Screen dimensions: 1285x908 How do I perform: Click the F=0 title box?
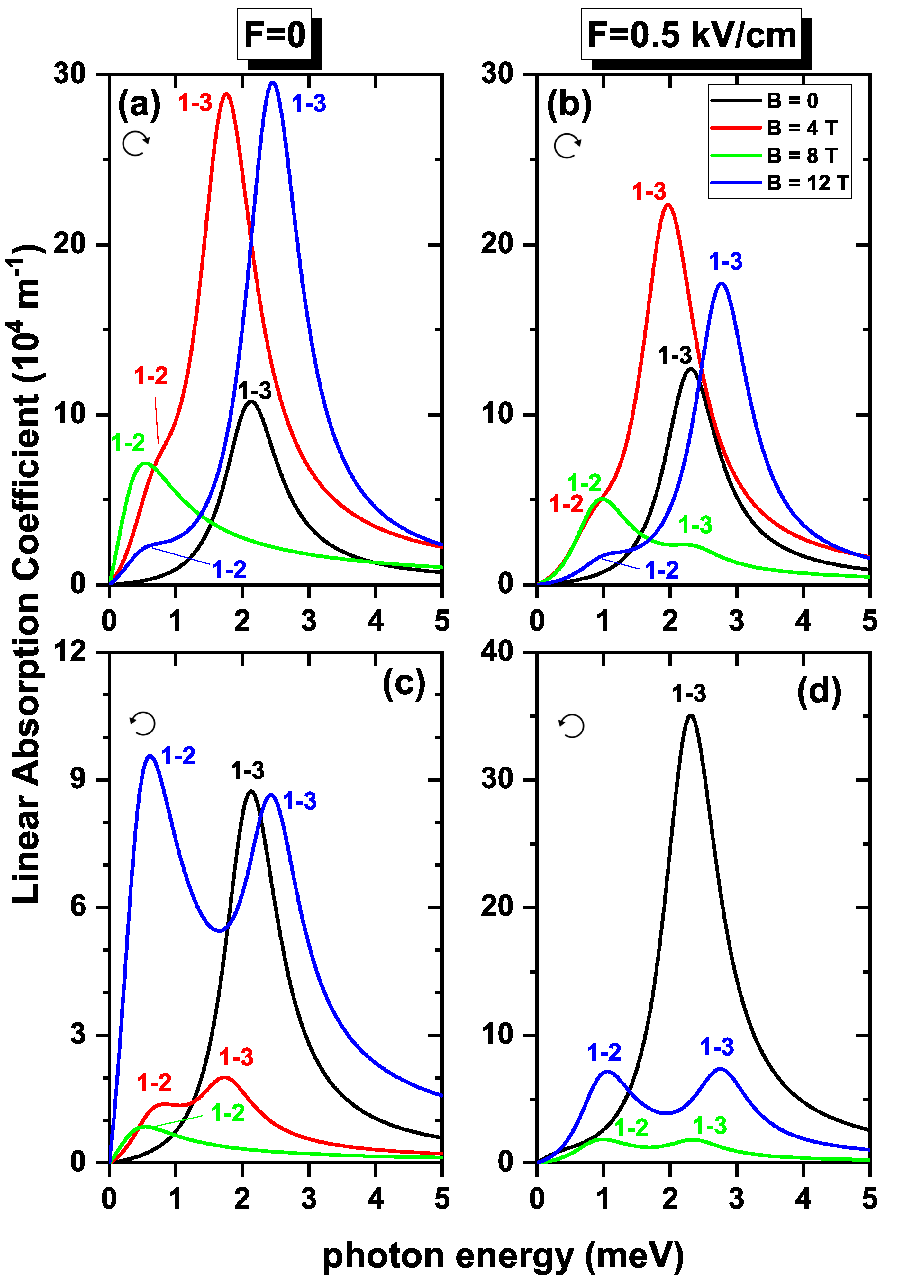274,35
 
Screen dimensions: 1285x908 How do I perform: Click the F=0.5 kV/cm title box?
691,35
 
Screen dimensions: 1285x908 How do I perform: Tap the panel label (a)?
139,105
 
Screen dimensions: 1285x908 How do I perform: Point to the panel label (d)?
818,692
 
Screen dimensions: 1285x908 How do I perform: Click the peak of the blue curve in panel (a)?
273,83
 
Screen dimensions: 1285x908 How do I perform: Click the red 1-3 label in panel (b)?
649,192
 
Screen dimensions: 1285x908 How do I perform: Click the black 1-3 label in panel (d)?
689,694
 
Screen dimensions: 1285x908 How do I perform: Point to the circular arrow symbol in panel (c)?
143,723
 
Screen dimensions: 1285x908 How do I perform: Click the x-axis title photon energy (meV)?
503,1256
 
